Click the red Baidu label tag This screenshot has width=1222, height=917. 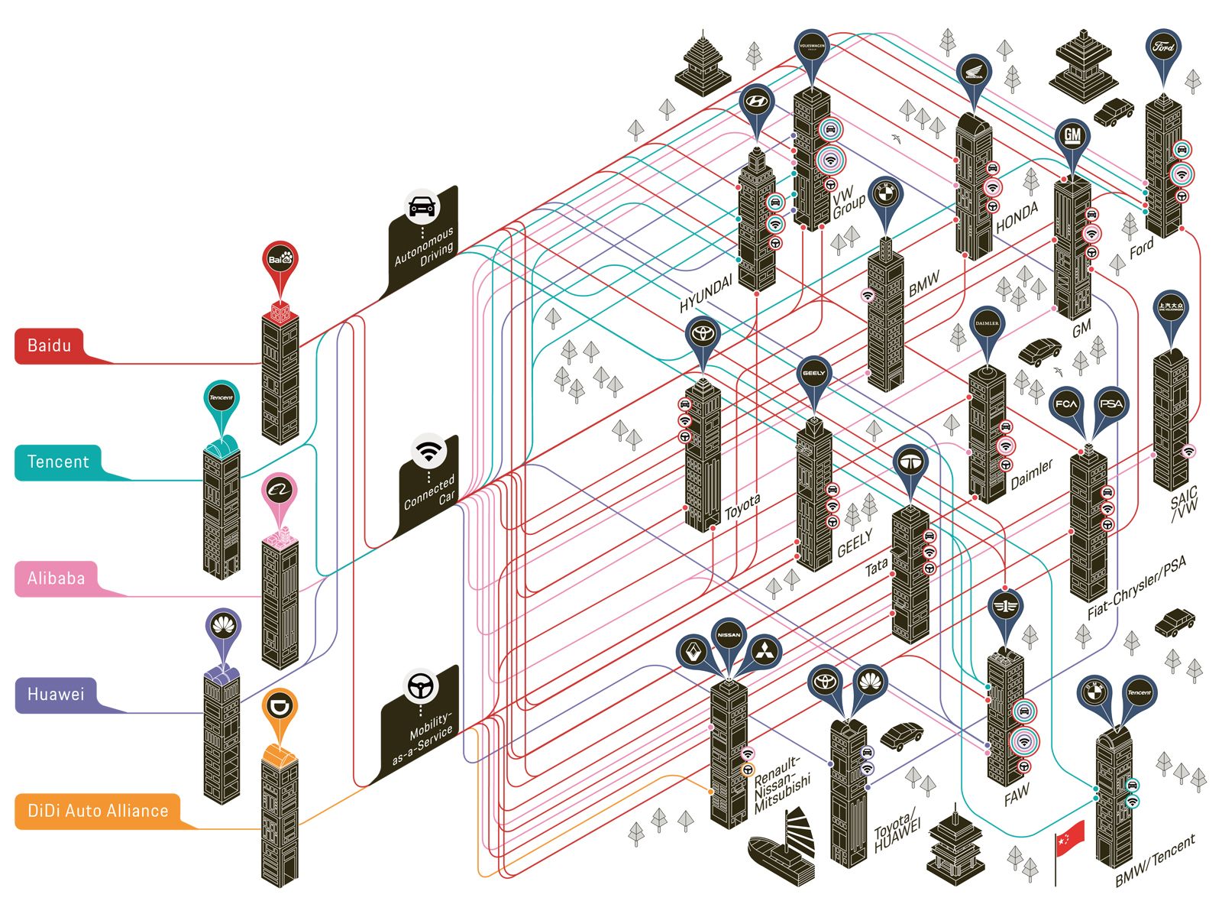click(x=50, y=345)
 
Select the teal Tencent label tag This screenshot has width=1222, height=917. click(x=58, y=462)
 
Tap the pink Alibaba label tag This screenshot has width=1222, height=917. click(x=56, y=578)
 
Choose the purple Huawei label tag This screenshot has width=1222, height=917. click(x=56, y=695)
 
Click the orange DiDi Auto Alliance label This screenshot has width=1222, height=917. click(x=98, y=811)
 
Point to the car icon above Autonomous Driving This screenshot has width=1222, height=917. click(x=422, y=206)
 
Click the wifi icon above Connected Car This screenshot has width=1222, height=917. click(x=428, y=451)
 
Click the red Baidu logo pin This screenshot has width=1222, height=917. click(x=280, y=260)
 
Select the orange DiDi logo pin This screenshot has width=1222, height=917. click(x=280, y=707)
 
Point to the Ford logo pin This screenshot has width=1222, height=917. click(x=1163, y=47)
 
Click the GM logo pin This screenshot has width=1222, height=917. click(x=1072, y=137)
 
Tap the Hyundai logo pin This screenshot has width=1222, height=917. click(x=756, y=102)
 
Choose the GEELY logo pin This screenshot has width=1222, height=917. click(x=813, y=374)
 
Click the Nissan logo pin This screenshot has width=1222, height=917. click(x=729, y=635)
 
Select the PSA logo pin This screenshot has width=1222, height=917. click(x=1111, y=403)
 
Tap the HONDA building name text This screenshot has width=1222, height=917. click(x=1017, y=217)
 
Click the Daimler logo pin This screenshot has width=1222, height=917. click(x=987, y=324)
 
